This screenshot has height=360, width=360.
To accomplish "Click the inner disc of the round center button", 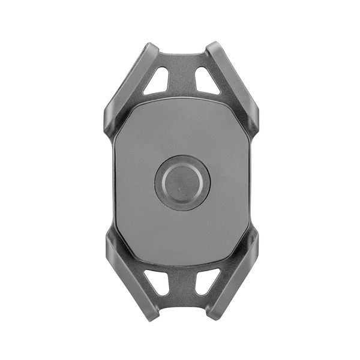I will [x=182, y=182].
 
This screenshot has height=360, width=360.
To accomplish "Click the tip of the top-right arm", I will [x=213, y=48].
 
